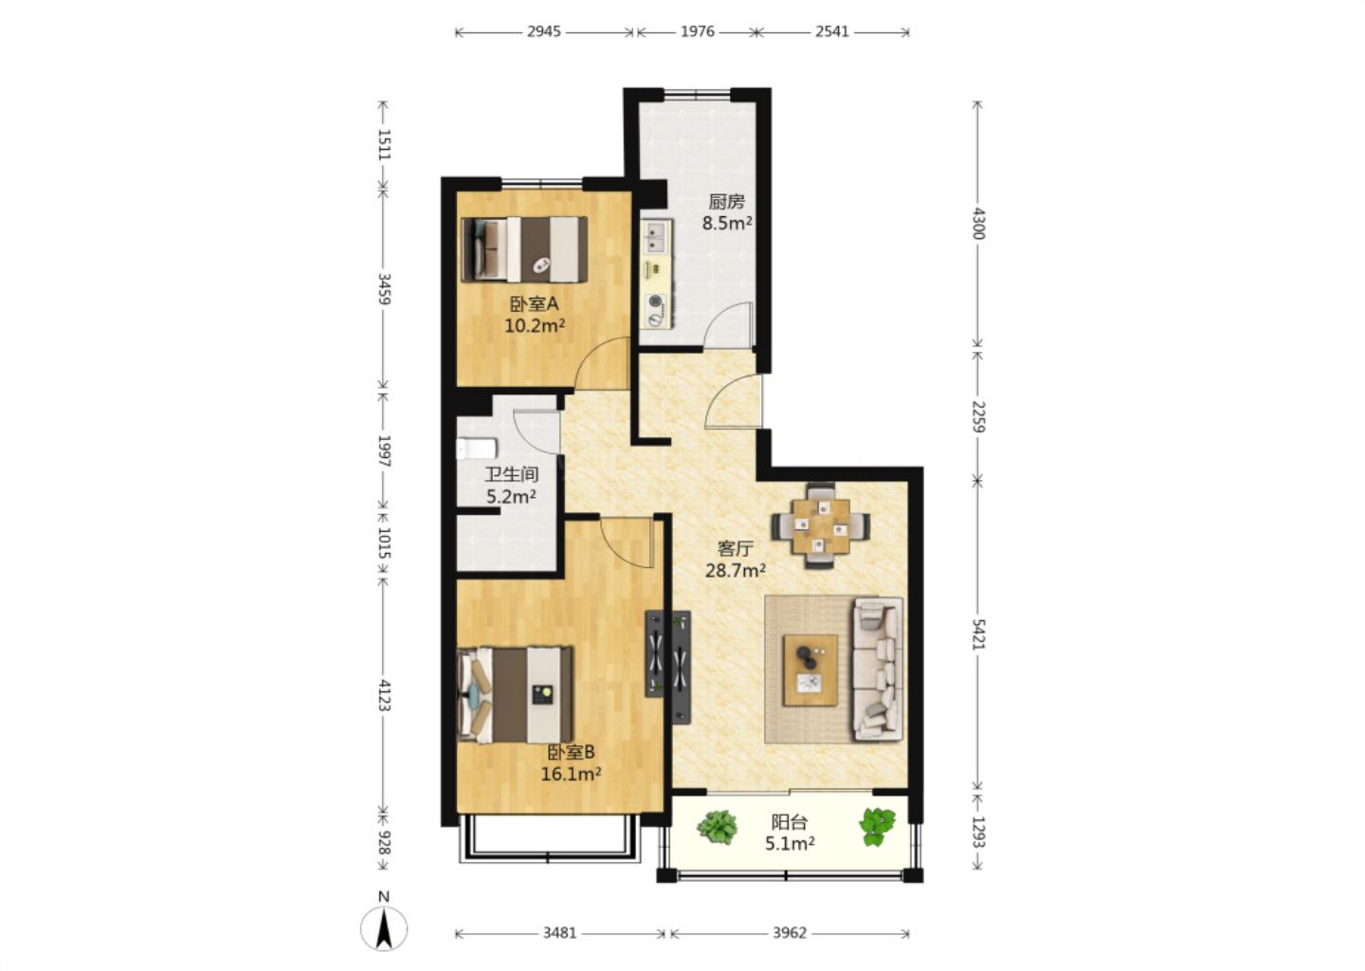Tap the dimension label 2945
(x=543, y=31)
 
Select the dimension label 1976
(x=697, y=31)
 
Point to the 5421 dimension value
(x=977, y=634)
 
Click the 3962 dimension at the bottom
(x=790, y=933)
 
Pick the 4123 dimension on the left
(x=384, y=695)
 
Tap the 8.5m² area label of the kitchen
(x=726, y=223)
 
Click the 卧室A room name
(x=534, y=303)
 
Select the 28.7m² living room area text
(x=736, y=571)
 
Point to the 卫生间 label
(x=511, y=474)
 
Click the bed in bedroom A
(x=525, y=249)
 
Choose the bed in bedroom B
(x=515, y=695)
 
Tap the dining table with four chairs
(x=820, y=526)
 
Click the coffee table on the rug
(x=810, y=670)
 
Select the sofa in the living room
(x=878, y=669)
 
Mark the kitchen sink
(x=656, y=237)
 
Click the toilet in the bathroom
(x=477, y=448)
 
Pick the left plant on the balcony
(x=718, y=827)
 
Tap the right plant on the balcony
(x=877, y=827)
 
